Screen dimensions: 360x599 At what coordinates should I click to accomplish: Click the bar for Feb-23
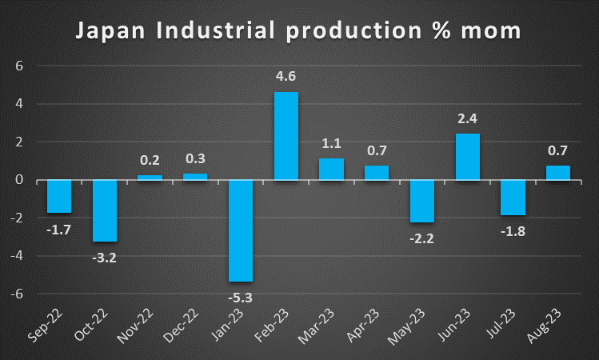(x=286, y=136)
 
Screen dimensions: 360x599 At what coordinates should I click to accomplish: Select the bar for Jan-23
(x=241, y=230)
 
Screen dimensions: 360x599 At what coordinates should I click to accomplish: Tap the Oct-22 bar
(x=105, y=210)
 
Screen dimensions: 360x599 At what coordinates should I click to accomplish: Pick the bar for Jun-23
(x=468, y=157)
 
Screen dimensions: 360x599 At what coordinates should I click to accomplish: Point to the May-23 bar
(x=422, y=201)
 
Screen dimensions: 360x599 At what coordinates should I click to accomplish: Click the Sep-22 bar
(x=59, y=196)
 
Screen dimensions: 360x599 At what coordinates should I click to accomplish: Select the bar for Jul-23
(x=513, y=197)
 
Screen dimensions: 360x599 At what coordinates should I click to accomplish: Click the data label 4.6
(x=286, y=78)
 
